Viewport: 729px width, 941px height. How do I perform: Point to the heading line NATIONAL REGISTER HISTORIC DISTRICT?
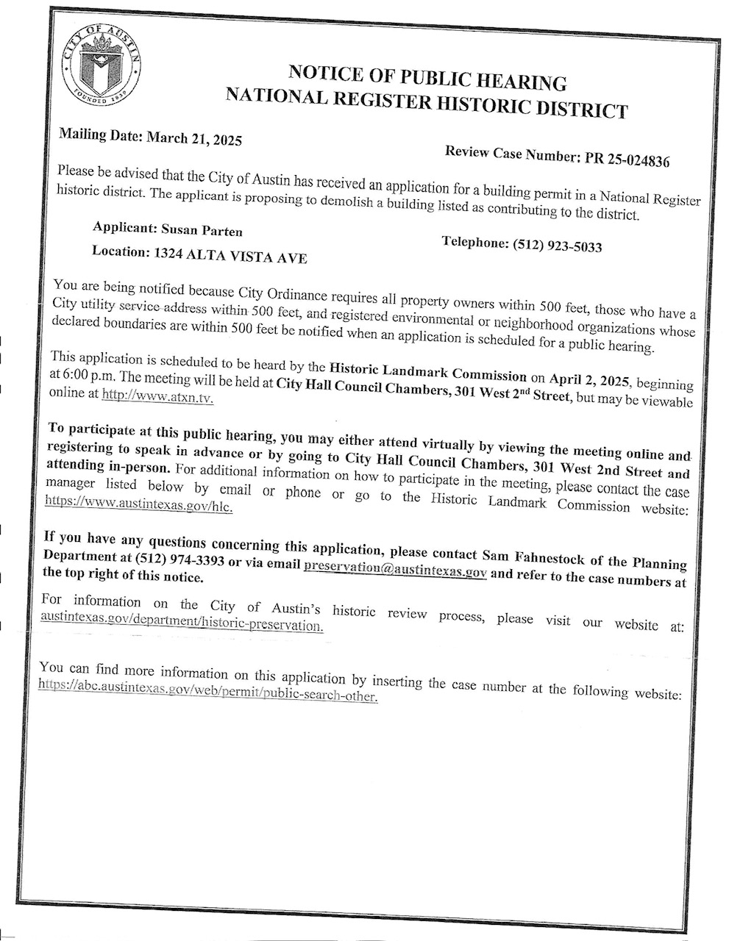pyautogui.click(x=427, y=103)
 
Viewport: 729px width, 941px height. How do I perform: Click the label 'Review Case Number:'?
pyautogui.click(x=513, y=154)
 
